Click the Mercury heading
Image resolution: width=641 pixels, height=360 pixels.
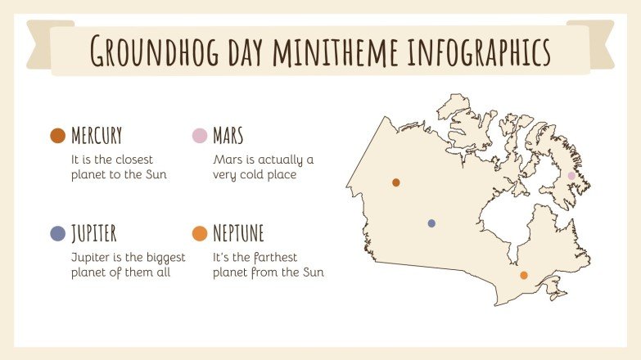97,135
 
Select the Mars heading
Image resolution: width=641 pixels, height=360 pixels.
228,135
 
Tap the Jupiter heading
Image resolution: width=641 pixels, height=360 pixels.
93,233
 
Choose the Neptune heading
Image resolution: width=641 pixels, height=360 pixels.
238,233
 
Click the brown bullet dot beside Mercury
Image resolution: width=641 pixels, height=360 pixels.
57,136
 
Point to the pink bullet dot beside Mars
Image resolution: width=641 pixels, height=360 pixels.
199,136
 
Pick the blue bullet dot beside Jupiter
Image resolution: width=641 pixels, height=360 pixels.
57,234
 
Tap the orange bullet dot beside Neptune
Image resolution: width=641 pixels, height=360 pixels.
199,234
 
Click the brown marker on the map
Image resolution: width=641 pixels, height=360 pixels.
396,182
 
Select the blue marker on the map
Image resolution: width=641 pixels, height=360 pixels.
431,223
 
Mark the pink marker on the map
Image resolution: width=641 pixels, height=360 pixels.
571,176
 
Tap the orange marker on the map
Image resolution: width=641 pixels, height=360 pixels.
524,276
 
